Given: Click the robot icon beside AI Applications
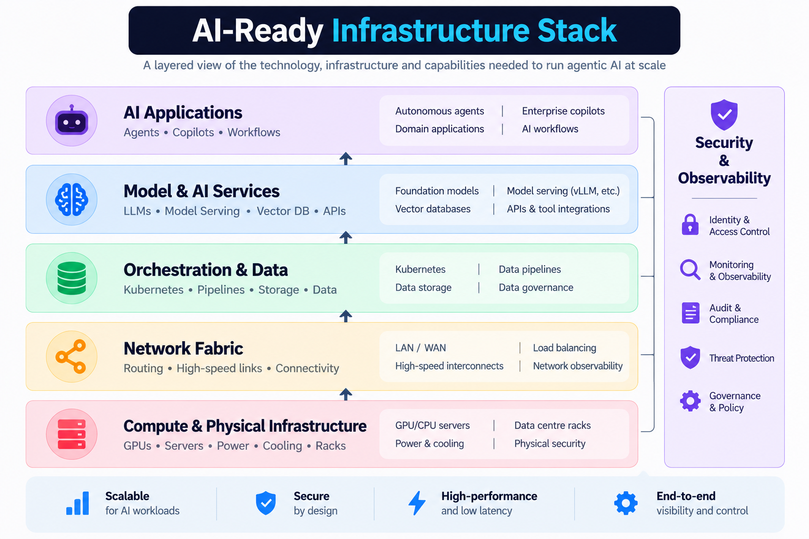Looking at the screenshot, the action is [x=72, y=121].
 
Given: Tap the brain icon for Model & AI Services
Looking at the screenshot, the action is [x=72, y=199].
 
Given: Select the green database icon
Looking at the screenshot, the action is [x=72, y=278].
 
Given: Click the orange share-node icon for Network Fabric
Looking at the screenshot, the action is [x=71, y=356].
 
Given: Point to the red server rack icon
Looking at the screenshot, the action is [x=72, y=434].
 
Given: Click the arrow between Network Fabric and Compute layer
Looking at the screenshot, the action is [x=346, y=394].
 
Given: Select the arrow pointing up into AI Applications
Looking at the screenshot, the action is [x=346, y=158].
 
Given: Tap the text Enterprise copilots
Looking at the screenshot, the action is [x=563, y=111].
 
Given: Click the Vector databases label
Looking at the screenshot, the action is [x=432, y=208].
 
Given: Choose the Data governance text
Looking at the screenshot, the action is [x=536, y=287].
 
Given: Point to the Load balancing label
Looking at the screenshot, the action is [x=565, y=347].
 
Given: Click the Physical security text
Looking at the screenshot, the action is [x=550, y=443].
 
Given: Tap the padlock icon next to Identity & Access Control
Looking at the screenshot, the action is [x=690, y=225].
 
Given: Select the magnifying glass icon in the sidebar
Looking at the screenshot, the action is [x=690, y=269].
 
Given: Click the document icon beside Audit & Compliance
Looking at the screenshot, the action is [x=690, y=313].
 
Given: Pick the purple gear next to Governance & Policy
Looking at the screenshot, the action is [x=690, y=401].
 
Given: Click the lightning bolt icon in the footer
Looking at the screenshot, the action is [x=417, y=503].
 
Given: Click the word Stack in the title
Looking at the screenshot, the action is [x=577, y=31].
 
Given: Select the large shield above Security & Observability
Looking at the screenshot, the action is [x=724, y=115].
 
